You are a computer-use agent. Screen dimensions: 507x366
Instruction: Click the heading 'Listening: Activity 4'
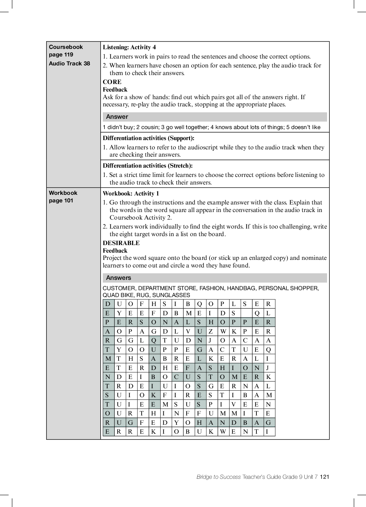pyautogui.click(x=129, y=47)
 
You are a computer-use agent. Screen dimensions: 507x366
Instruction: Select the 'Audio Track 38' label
pyautogui.click(x=69, y=63)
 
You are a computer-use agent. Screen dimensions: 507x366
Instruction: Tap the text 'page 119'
pyautogui.click(x=61, y=54)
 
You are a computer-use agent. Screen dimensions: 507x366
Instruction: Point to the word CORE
pyautogui.click(x=112, y=82)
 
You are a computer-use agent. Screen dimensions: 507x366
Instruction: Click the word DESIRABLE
pyautogui.click(x=121, y=243)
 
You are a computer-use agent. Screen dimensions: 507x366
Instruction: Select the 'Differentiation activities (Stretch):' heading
pyautogui.click(x=148, y=166)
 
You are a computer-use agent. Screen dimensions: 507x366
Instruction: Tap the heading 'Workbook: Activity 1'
pyautogui.click(x=131, y=193)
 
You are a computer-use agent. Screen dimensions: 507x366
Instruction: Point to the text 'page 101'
pyautogui.click(x=61, y=200)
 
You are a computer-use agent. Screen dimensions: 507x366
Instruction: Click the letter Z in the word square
pyautogui.click(x=211, y=331)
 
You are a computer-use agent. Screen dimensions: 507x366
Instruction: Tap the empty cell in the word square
pyautogui.click(x=245, y=313)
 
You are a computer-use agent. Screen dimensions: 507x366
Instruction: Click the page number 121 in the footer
pyautogui.click(x=325, y=477)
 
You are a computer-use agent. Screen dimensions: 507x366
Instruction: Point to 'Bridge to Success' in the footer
pyautogui.click(x=218, y=477)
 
